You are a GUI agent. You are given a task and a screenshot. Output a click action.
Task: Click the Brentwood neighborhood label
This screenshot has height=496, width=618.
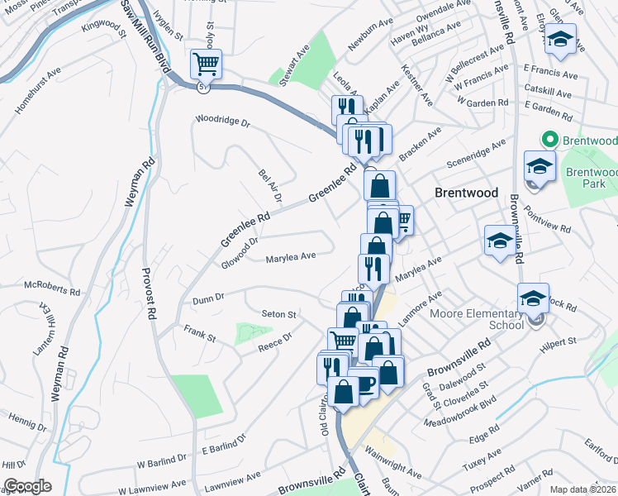(x=467, y=193)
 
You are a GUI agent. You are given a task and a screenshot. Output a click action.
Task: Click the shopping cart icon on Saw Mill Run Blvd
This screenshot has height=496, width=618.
(x=205, y=63)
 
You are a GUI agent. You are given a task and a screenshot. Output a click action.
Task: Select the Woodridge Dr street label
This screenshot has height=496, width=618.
(x=221, y=121)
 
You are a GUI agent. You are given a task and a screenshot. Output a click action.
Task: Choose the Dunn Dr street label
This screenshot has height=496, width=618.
(x=207, y=299)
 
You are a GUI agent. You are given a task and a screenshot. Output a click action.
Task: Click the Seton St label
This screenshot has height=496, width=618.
(x=278, y=314)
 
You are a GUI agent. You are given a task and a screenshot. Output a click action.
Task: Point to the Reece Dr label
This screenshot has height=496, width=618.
(x=275, y=341)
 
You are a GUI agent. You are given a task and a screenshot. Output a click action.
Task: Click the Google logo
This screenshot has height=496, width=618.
(x=27, y=486)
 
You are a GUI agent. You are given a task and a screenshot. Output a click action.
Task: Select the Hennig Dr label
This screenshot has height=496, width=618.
(x=29, y=421)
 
